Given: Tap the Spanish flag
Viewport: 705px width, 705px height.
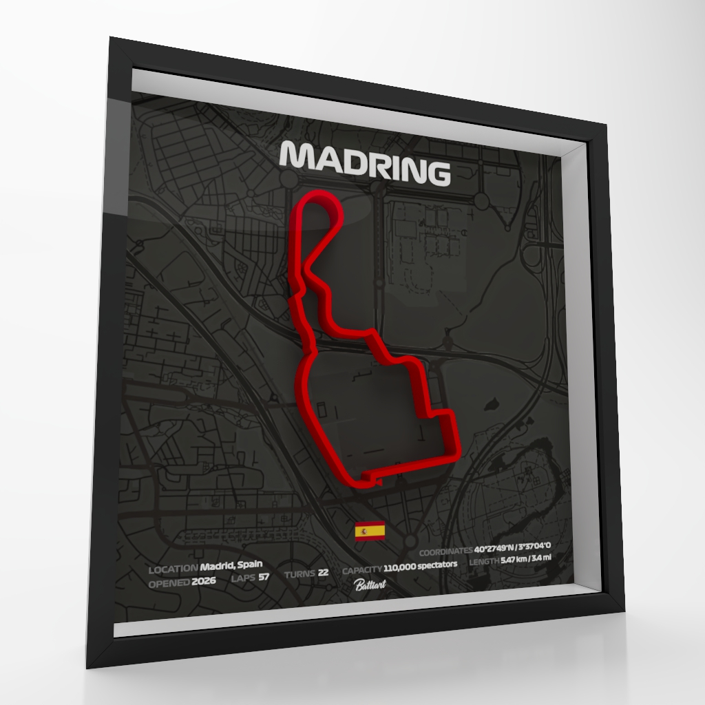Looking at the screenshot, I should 370,531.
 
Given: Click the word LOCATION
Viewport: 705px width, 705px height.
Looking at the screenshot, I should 172,569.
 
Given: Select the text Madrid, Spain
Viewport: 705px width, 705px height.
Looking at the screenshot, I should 231,566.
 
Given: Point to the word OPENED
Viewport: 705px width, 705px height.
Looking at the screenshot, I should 169,582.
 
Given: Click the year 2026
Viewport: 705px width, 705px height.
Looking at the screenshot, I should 204,580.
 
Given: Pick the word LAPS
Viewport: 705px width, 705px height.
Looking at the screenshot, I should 243,578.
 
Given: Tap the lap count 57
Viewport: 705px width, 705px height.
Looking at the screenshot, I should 264,577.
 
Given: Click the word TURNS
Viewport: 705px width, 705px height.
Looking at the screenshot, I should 299,574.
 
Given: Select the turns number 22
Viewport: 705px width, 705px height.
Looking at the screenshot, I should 324,573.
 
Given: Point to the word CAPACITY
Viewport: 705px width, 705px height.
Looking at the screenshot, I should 362,569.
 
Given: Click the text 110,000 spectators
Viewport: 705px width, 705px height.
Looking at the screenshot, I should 421,565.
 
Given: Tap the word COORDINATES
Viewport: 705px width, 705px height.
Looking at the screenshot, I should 445,551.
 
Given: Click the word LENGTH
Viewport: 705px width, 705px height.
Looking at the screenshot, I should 484,562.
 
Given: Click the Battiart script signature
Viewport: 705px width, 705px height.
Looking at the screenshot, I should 370,585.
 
